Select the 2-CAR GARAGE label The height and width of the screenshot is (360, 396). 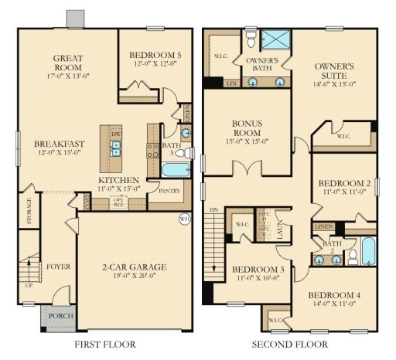pyautogui.click(x=135, y=267)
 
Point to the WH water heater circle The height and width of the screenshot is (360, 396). pyautogui.click(x=185, y=218)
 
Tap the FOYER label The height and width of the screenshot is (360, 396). pyautogui.click(x=58, y=267)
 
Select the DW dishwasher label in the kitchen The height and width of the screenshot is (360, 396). pyautogui.click(x=116, y=134)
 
